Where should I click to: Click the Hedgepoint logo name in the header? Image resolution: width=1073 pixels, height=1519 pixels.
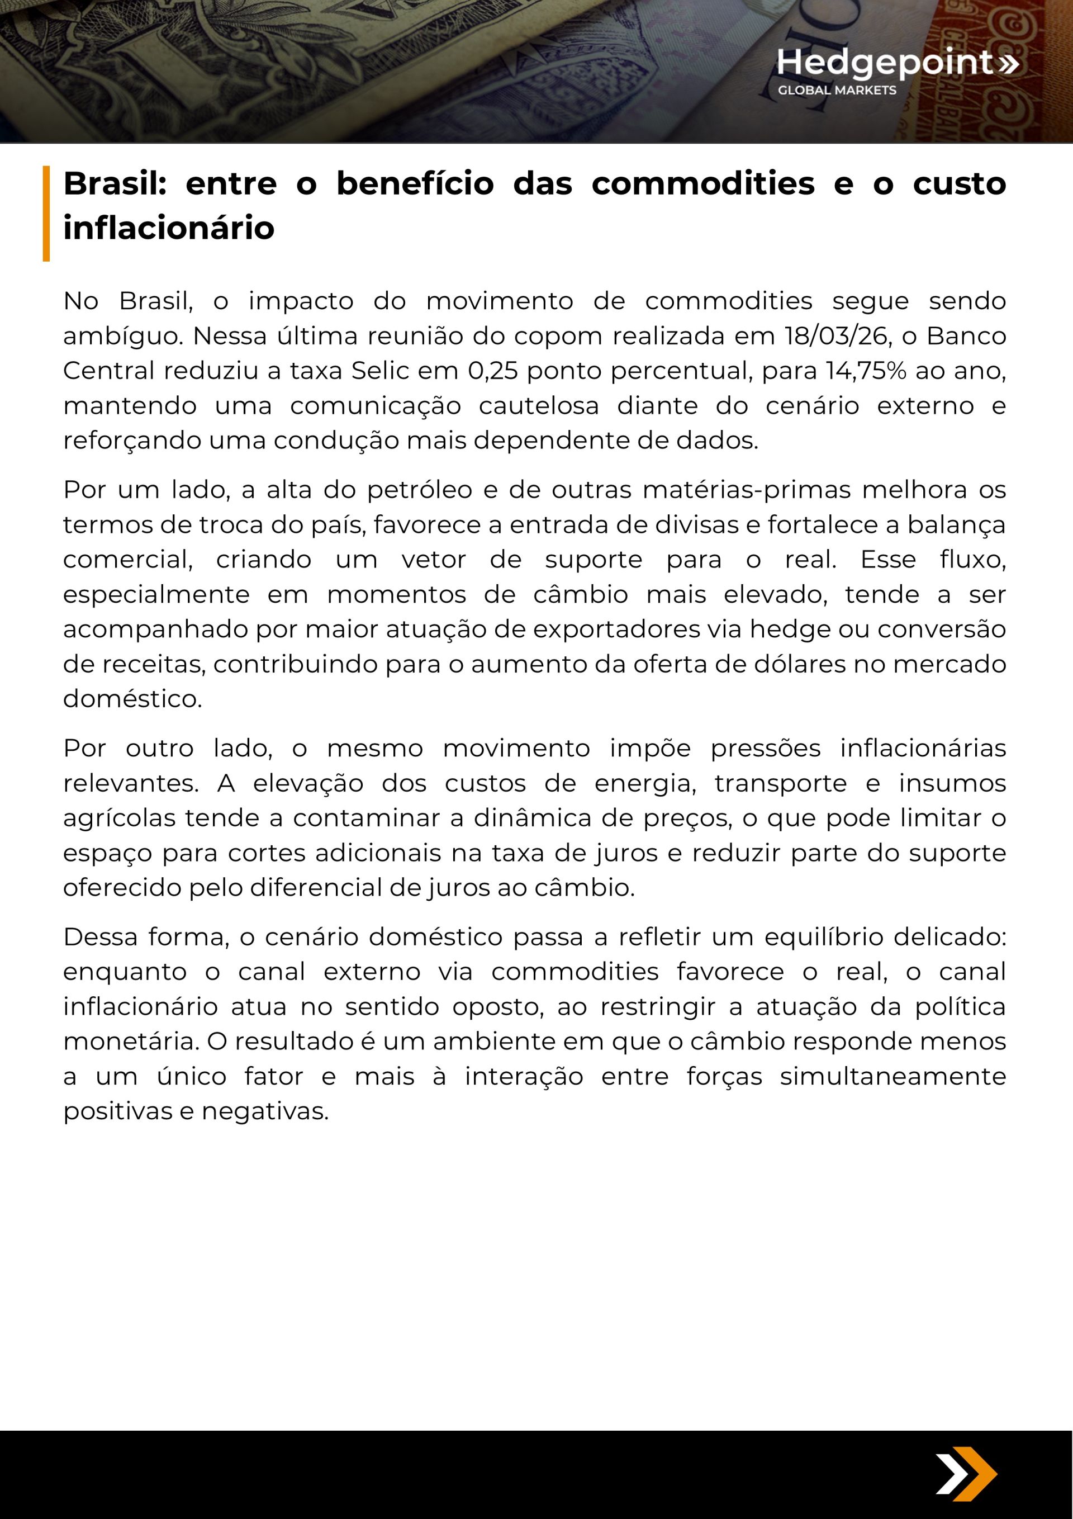point(885,62)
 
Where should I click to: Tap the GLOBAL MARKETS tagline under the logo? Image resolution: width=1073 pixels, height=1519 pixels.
point(837,90)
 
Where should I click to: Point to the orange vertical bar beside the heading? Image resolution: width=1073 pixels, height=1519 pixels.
point(46,213)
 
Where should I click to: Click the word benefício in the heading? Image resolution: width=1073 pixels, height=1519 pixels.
point(415,183)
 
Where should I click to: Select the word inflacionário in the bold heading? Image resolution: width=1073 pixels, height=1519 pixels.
point(169,228)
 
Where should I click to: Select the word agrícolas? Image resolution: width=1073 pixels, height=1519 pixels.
point(120,818)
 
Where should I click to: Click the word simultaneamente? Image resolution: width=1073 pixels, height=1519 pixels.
point(892,1076)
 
